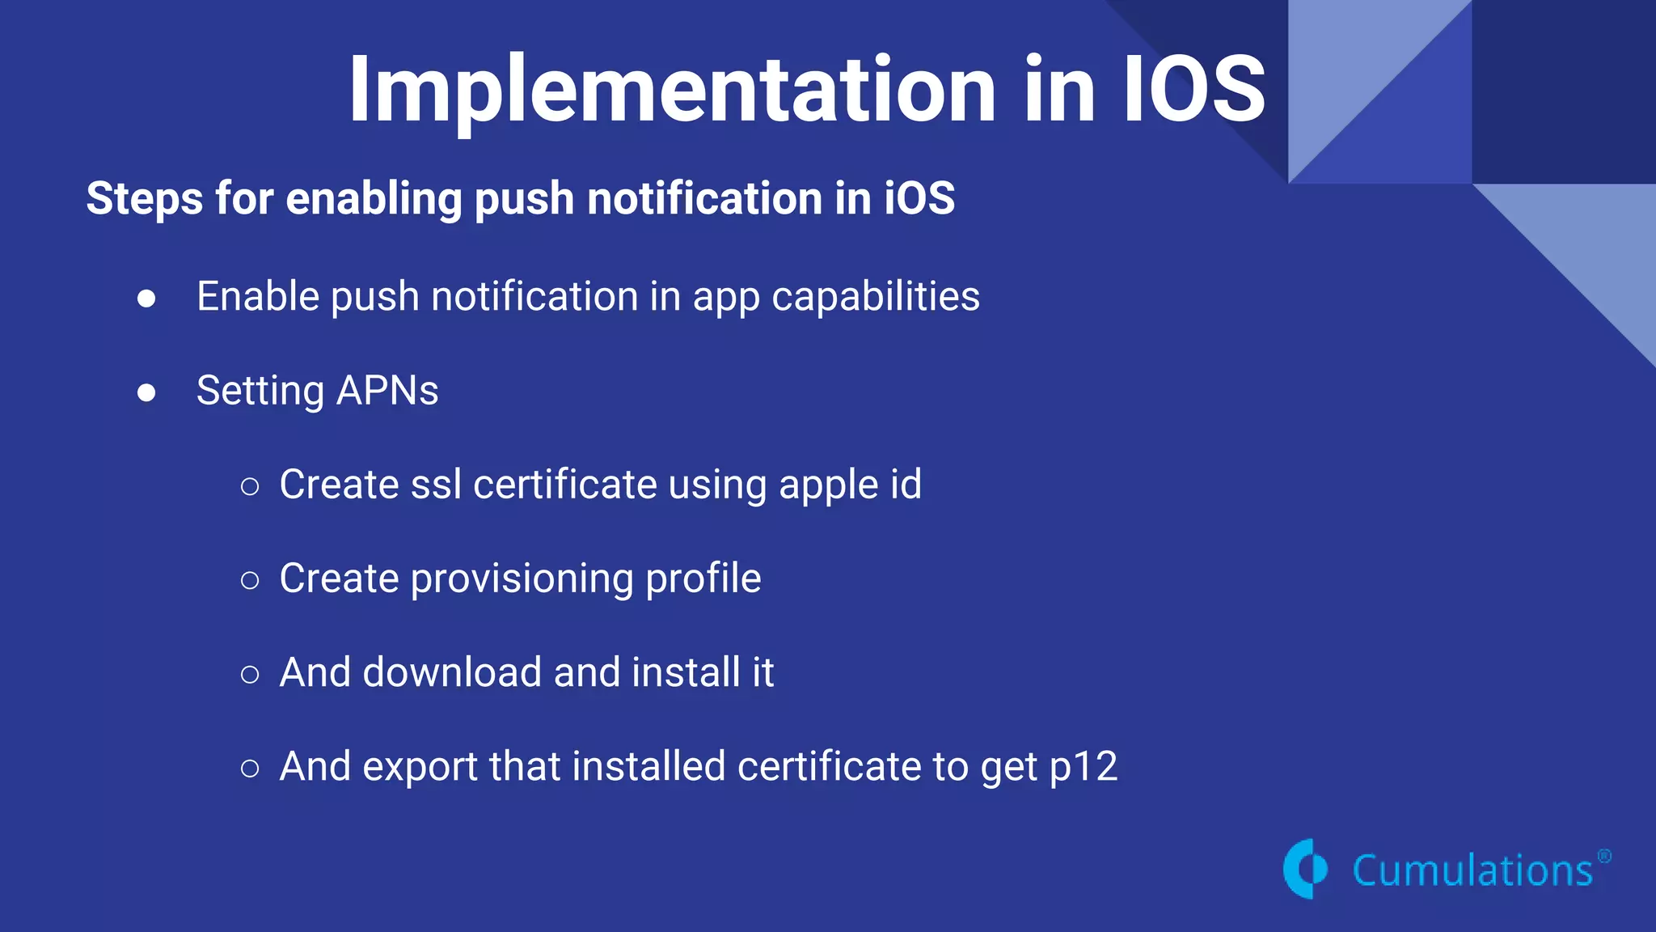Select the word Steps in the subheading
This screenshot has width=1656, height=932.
coord(145,199)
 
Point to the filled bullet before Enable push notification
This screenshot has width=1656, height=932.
coord(146,299)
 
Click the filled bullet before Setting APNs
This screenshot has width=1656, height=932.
coord(146,392)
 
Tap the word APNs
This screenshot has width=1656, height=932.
coord(387,391)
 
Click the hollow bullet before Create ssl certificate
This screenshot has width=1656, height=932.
coord(250,486)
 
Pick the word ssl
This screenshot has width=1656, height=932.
coord(436,485)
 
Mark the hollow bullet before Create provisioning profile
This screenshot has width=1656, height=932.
coord(250,580)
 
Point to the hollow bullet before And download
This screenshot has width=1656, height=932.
coord(250,674)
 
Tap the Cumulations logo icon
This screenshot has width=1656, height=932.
coord(1305,869)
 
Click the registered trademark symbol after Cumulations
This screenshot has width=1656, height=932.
coord(1604,857)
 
